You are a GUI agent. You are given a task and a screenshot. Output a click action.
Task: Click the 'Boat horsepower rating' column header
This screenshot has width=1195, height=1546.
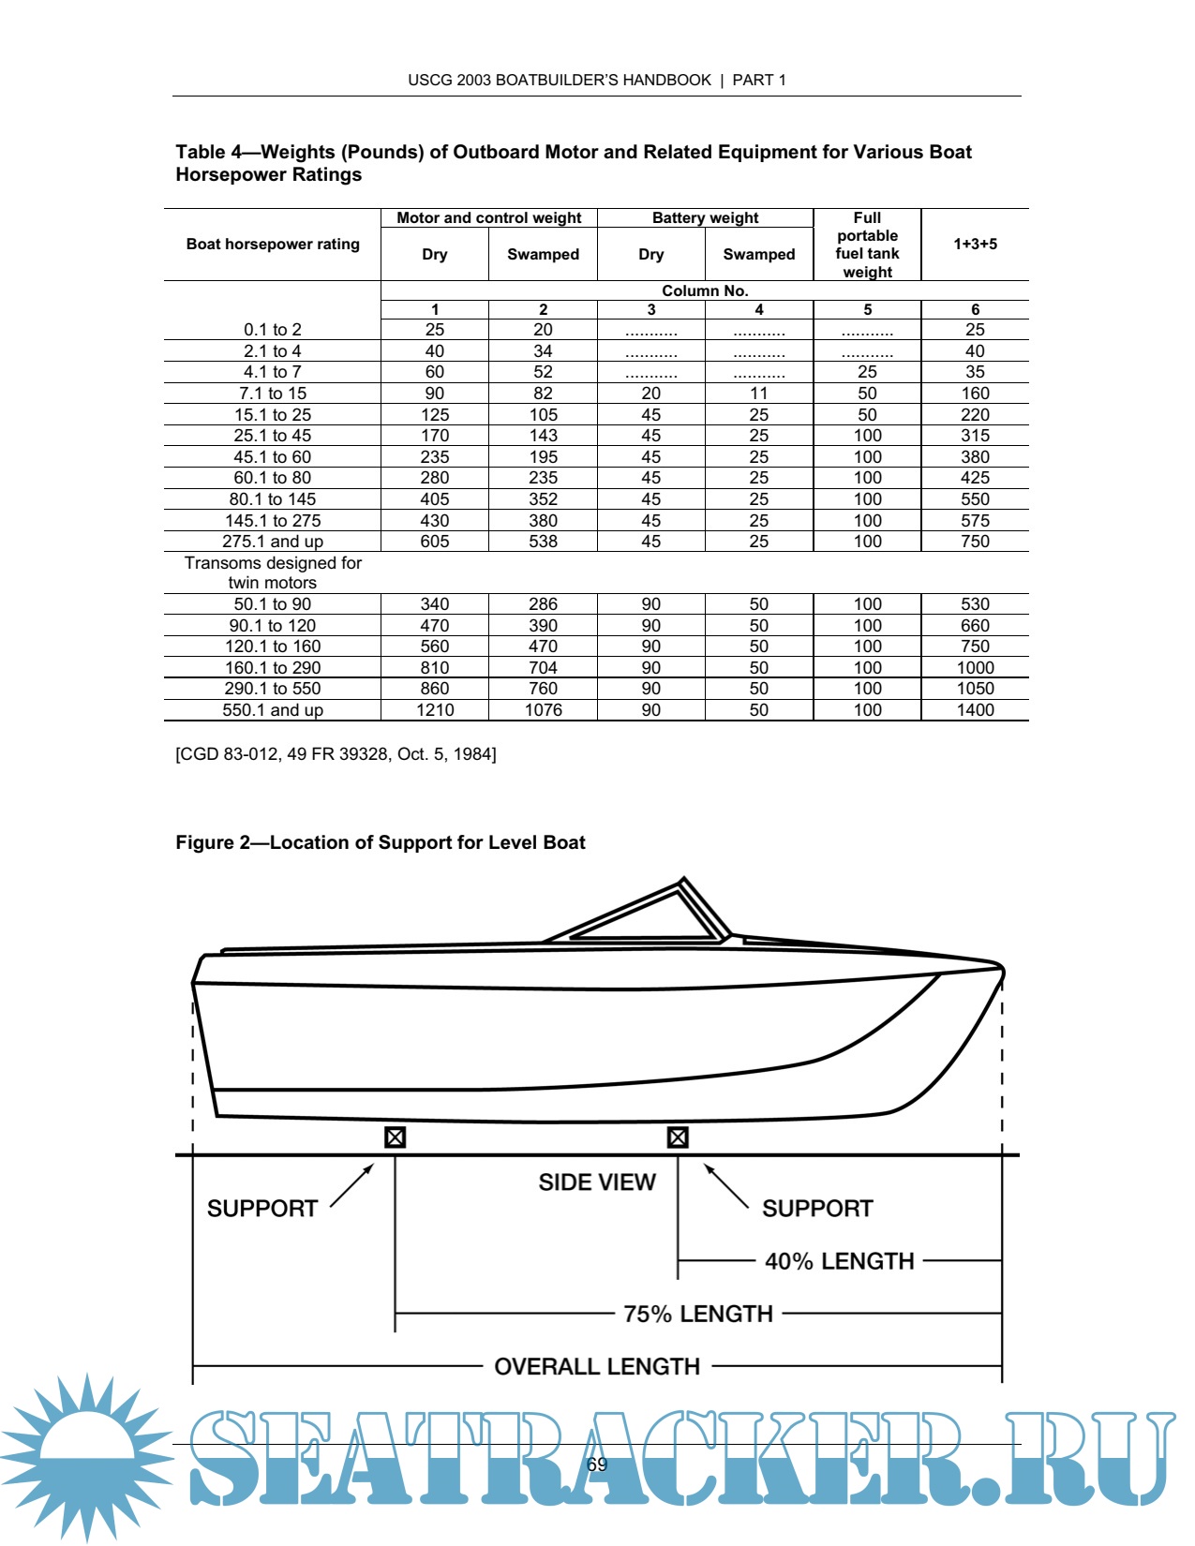[273, 245]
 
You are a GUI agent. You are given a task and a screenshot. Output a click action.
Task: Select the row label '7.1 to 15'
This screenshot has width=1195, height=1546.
[273, 394]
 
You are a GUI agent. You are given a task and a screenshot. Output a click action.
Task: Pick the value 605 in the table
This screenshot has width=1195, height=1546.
[435, 542]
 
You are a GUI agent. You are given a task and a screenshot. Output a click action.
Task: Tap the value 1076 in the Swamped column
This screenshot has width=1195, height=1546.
[544, 710]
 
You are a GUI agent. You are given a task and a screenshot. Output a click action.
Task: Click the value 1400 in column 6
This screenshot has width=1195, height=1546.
[975, 710]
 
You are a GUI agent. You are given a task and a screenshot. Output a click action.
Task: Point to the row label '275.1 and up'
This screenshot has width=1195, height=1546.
[273, 542]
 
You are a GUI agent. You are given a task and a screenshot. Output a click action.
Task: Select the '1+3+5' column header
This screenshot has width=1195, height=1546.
[975, 245]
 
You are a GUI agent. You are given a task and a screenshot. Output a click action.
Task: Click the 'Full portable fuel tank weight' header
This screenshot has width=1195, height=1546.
[867, 245]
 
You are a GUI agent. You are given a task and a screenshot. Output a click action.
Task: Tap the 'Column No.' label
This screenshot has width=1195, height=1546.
[705, 290]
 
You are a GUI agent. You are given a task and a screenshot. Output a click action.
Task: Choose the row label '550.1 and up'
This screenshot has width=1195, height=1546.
[273, 710]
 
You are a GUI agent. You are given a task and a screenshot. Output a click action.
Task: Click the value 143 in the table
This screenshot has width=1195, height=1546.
[544, 436]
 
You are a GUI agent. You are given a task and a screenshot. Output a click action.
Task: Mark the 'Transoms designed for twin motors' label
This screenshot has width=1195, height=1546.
[273, 572]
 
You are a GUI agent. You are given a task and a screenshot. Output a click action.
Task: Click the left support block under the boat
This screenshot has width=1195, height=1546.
[395, 1137]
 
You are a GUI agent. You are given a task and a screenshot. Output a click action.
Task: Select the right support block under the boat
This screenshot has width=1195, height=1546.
[678, 1137]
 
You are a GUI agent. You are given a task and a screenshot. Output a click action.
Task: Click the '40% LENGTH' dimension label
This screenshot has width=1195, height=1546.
[839, 1261]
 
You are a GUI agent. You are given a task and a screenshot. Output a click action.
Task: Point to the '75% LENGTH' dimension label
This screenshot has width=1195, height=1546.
[698, 1314]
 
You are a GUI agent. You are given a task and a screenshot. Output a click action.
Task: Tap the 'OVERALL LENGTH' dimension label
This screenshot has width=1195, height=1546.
[597, 1366]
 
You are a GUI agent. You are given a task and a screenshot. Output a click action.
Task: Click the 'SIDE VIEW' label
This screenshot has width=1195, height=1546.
[597, 1182]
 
